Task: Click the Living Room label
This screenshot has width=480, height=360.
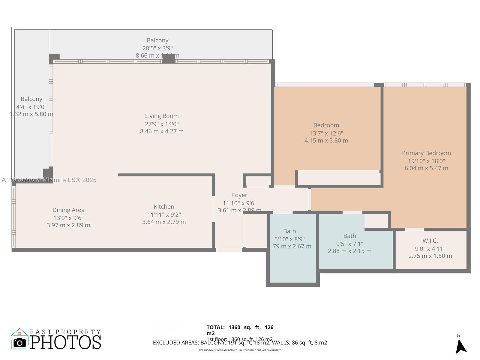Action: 162,116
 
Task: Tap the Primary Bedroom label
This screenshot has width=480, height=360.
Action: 426,153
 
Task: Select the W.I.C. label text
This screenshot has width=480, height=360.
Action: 430,241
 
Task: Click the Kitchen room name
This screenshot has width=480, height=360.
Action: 164,207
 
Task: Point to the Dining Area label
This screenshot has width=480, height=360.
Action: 68,210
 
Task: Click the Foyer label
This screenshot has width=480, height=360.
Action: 239,195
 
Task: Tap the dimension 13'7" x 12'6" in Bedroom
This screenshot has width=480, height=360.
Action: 326,133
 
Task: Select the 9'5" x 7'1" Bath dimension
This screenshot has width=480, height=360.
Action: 349,244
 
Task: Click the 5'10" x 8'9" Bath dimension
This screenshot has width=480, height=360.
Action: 289,239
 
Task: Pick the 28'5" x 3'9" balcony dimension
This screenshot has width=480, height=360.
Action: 157,48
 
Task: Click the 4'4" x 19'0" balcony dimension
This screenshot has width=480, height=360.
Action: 31,107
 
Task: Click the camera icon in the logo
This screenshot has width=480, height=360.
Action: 20,343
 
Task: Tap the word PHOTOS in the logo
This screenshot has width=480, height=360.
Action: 66,342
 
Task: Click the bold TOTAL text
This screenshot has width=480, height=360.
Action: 215,327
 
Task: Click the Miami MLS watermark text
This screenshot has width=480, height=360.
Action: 49,180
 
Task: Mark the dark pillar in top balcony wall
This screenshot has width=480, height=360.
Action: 169,58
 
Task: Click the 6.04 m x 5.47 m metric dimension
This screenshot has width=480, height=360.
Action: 426,168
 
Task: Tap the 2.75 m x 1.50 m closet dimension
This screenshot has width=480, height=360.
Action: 430,256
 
